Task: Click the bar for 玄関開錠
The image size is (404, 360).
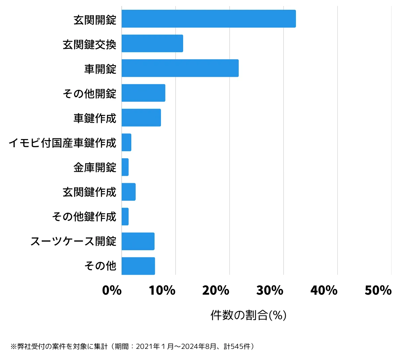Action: (208, 19)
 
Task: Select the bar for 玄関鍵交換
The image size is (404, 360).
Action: (152, 43)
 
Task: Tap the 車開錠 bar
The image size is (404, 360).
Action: (180, 68)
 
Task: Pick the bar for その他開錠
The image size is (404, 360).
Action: (143, 93)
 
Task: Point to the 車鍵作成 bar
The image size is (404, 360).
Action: (141, 118)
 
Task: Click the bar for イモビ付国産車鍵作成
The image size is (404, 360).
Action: (126, 142)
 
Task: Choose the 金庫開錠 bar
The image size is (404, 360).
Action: (125, 167)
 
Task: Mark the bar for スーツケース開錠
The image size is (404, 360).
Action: (138, 241)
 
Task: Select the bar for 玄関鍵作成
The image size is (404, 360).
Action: (129, 192)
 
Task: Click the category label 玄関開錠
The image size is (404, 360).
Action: (95, 20)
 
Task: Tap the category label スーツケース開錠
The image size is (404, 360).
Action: (73, 241)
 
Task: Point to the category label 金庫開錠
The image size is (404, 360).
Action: (95, 167)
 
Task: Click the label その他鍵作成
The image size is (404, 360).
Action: (84, 217)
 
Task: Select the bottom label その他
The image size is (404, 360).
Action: (100, 266)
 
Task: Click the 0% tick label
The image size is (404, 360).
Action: (112, 290)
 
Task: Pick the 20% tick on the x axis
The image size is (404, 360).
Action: (216, 290)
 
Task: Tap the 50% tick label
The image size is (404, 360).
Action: (378, 290)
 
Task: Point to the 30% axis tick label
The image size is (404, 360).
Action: (270, 290)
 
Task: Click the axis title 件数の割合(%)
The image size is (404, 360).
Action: (248, 315)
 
